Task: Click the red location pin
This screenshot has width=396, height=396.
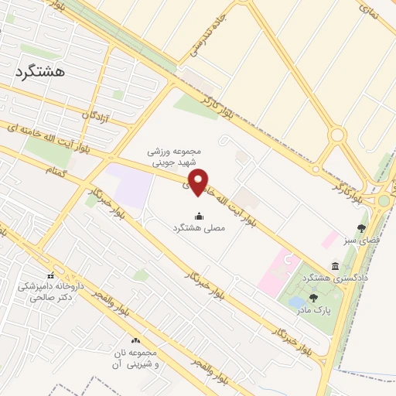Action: tap(199, 181)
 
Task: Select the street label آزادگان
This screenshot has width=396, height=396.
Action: tap(101, 115)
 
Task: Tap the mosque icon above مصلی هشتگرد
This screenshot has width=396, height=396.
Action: tap(199, 216)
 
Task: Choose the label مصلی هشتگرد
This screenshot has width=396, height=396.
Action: tap(199, 228)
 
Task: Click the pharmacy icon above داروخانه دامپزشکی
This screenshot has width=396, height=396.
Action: tap(51, 276)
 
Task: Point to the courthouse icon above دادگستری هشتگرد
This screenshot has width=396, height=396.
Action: tap(335, 265)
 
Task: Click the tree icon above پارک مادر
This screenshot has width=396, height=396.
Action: tap(313, 298)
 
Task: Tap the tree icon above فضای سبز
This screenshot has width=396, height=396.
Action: tap(361, 227)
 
